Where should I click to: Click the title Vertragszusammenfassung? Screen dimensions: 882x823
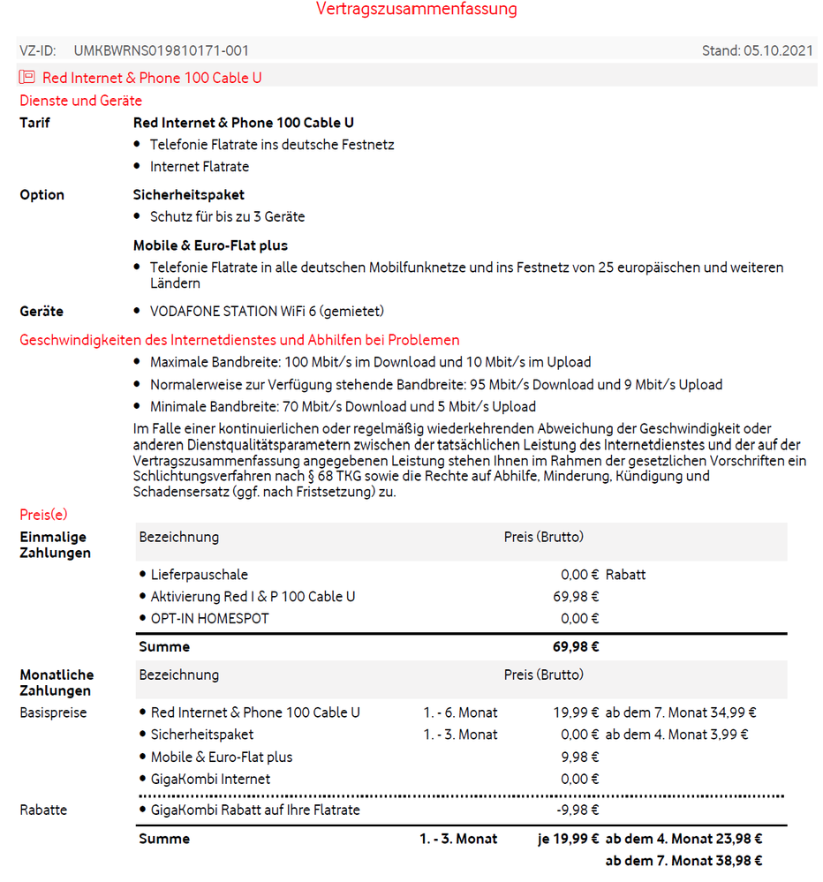coord(417,10)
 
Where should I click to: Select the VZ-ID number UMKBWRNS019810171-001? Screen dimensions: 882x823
coord(161,51)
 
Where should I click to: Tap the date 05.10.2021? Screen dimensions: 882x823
coord(780,51)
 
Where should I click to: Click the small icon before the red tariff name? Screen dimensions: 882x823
coord(27,78)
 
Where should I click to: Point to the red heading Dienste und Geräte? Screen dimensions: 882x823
coord(80,101)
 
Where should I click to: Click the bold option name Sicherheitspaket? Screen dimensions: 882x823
coord(189,194)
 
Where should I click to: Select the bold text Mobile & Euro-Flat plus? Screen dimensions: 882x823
coord(210,245)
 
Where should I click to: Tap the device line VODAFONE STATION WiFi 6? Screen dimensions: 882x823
coord(267,311)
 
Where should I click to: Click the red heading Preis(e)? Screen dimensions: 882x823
coord(43,515)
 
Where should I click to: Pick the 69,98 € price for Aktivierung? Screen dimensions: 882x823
coord(576,597)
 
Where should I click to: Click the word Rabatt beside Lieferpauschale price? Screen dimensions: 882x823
coord(625,575)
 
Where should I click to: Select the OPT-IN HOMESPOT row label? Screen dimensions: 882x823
coord(209,619)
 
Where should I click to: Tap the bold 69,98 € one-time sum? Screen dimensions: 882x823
coord(576,647)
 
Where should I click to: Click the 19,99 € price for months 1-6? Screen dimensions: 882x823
coord(576,712)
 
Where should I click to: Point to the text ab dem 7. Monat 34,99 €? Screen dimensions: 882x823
coord(680,712)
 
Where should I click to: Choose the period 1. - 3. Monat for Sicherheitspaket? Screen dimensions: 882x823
coord(460,735)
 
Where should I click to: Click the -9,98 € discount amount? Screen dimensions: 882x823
coord(578,810)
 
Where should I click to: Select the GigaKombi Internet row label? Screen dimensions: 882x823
coord(210,780)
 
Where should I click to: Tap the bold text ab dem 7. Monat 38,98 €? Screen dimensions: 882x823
coord(683,861)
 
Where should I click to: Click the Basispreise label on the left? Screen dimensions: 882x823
coord(53,712)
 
